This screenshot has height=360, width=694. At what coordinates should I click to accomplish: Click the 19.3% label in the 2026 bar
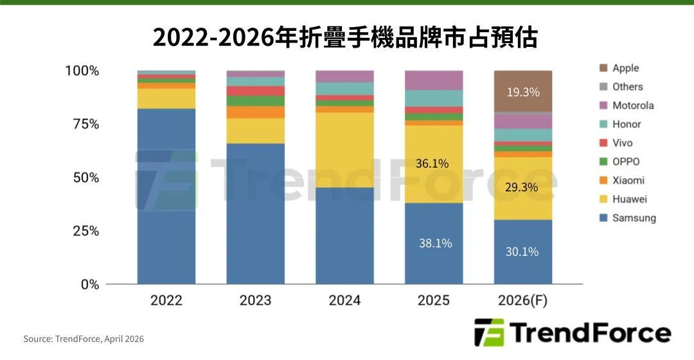[522, 92]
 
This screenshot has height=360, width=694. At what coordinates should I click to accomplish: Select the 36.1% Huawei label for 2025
[432, 163]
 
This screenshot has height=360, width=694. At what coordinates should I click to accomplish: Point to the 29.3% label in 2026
[522, 187]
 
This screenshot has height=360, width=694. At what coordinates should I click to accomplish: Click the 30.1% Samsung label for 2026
[522, 251]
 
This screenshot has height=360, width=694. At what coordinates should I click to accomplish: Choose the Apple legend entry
[625, 68]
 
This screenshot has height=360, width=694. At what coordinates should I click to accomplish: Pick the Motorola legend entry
[632, 105]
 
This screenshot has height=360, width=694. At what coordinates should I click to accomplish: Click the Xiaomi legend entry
[628, 181]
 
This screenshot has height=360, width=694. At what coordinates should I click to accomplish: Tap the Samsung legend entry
[634, 218]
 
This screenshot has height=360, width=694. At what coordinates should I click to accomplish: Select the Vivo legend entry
[622, 143]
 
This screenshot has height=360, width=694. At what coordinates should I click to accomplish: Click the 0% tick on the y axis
[89, 284]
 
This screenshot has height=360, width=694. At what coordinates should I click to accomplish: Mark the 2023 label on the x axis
[255, 300]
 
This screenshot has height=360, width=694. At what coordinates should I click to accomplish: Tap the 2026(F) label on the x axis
[522, 300]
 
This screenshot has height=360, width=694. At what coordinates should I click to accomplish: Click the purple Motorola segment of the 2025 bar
[434, 80]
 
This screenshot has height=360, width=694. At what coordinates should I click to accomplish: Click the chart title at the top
[345, 38]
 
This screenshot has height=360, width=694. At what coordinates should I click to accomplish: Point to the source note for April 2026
[84, 339]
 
